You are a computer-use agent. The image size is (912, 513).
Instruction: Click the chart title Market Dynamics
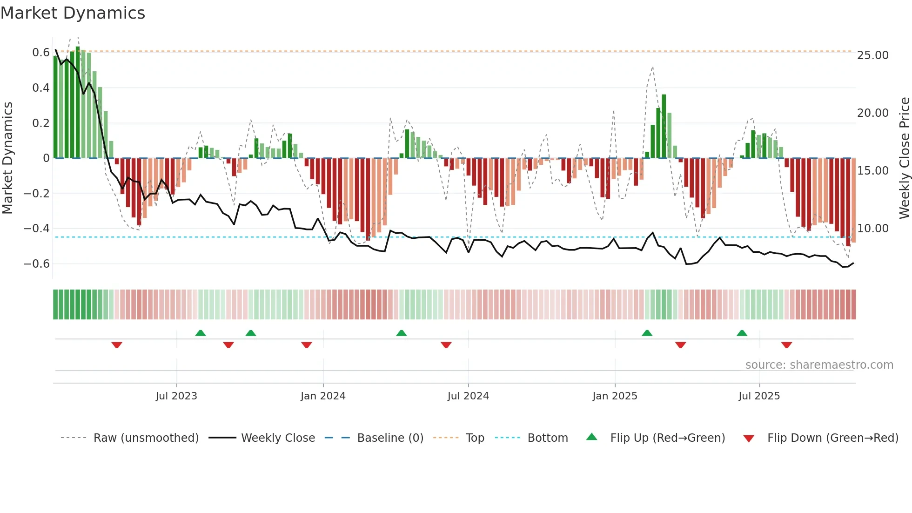point(73,13)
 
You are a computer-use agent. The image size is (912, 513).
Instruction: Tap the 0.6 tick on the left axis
point(40,53)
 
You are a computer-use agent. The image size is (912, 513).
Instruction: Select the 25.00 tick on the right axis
point(872,55)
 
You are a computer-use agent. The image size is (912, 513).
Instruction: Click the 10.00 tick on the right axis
point(872,229)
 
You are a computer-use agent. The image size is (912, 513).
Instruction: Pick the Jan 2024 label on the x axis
point(323,396)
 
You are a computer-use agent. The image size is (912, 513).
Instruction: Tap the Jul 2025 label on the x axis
point(759,396)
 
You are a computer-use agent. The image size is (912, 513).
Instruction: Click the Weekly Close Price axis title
point(904,158)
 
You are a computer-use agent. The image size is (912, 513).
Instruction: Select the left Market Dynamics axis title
point(8,158)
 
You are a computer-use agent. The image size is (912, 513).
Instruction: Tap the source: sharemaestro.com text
point(819,365)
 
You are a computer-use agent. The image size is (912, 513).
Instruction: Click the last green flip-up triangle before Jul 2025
point(742,333)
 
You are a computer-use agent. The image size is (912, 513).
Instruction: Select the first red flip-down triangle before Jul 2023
point(117,345)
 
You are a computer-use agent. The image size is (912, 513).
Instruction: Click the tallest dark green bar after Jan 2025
point(664,126)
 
